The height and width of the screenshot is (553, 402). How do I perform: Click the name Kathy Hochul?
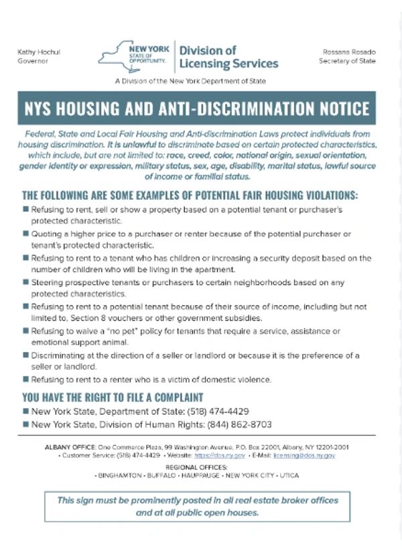point(33,52)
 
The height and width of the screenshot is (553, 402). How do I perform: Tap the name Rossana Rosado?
point(349,52)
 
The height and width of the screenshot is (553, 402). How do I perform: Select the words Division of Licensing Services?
point(228,57)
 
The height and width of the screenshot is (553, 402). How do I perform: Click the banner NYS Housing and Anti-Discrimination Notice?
point(197,109)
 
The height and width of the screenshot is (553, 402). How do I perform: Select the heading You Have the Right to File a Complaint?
point(113,397)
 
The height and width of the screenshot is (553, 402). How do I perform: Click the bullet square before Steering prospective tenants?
point(25,283)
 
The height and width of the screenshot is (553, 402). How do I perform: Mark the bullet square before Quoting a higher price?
point(25,233)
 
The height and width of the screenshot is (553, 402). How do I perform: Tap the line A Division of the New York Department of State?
point(190,81)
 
